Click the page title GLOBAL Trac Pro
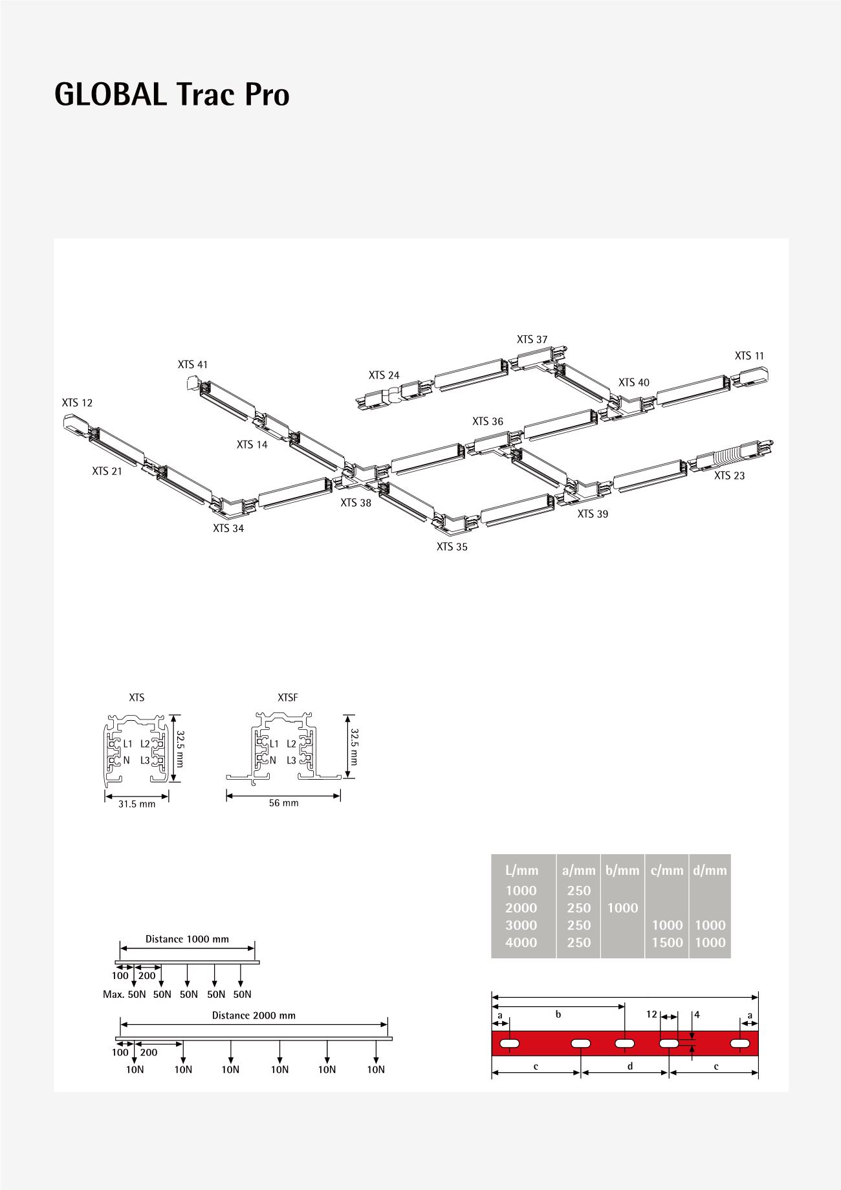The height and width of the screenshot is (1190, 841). click(171, 95)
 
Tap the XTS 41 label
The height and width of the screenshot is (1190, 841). click(193, 365)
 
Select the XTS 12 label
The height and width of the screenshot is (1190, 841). click(77, 403)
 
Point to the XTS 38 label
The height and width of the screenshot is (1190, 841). click(356, 503)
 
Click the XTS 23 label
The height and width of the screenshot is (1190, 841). click(729, 476)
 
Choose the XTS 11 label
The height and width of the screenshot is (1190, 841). click(749, 356)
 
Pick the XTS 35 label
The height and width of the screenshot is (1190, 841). click(452, 547)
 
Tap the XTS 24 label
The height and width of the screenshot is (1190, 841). click(384, 375)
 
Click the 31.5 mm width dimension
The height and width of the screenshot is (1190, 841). click(137, 804)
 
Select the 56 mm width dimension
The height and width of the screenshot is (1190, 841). click(283, 803)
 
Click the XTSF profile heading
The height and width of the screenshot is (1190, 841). click(287, 698)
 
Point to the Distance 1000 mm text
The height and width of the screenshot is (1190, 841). click(187, 939)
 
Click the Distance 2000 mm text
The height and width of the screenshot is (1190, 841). click(254, 1015)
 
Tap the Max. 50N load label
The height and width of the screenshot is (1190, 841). click(124, 994)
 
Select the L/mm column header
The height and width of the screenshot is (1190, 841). click(521, 870)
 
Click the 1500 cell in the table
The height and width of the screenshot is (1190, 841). click(667, 943)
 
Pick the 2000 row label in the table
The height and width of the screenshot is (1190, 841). click(521, 908)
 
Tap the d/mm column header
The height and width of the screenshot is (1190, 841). click(710, 870)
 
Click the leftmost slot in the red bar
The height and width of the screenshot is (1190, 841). click(511, 1043)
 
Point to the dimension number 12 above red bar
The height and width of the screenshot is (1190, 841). click(651, 1015)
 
